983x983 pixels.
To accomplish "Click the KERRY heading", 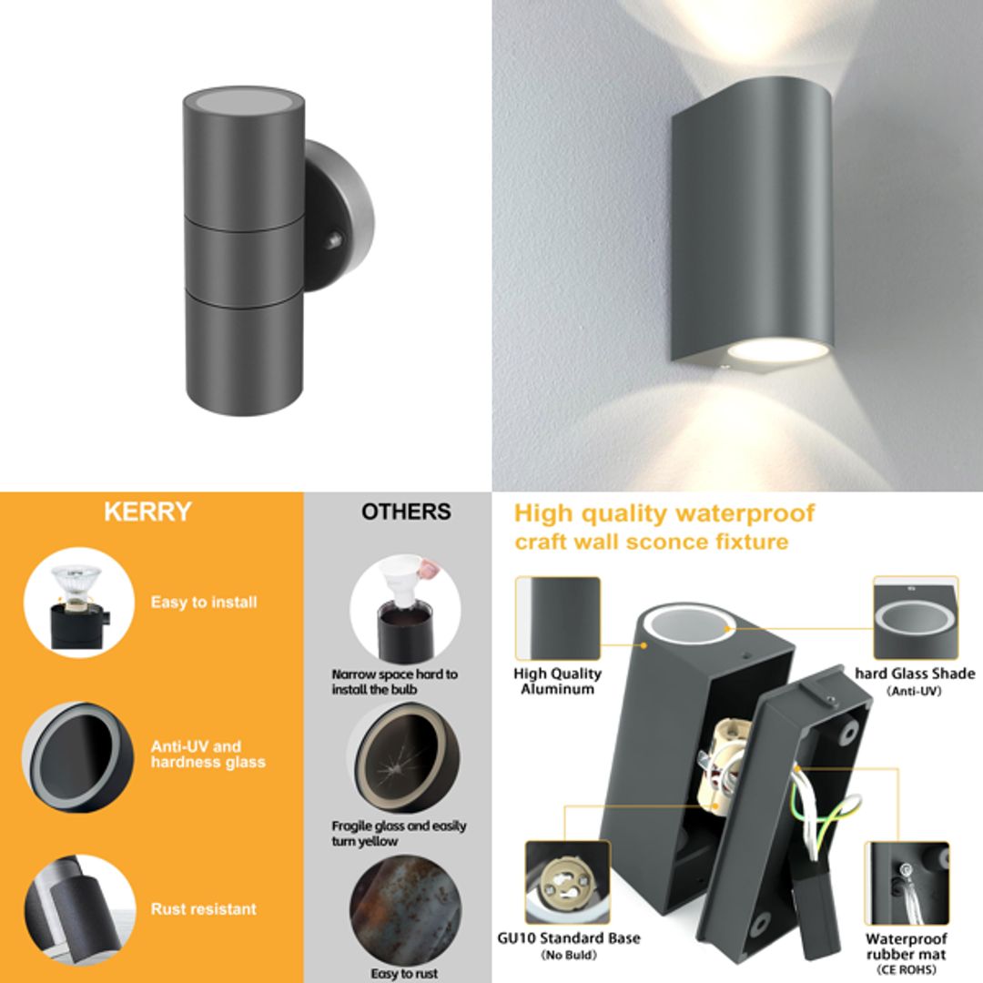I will tap(147, 512).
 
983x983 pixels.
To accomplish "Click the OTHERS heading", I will tap(406, 512).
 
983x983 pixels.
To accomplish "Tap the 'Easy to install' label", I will tap(204, 603).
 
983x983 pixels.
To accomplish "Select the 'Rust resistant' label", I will tap(204, 908).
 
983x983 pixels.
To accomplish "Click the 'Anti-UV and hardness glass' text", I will tap(208, 755).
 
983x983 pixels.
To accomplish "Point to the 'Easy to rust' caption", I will tap(405, 973).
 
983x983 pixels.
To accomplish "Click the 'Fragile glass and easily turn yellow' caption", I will tap(399, 834).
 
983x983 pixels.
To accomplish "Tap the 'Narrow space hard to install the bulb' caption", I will tap(394, 682).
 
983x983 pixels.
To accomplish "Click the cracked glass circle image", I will tap(400, 758).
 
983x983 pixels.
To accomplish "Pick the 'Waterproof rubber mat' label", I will tap(906, 947).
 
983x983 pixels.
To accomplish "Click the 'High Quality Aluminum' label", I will tap(557, 681).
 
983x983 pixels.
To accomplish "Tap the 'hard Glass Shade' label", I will tap(915, 674).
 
